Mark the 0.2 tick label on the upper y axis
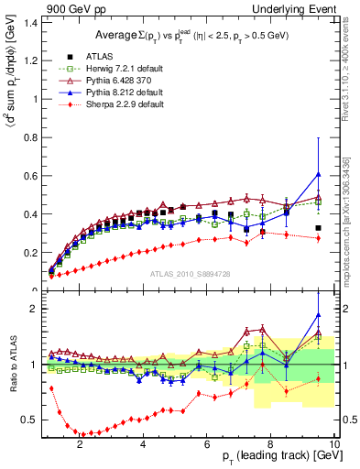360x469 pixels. pyautogui.click(x=30, y=253)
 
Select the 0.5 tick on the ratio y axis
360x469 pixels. pyautogui.click(x=30, y=420)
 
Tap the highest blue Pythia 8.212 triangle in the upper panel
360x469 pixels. pyautogui.click(x=318, y=174)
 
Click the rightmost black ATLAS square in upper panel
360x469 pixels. pyautogui.click(x=318, y=228)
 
